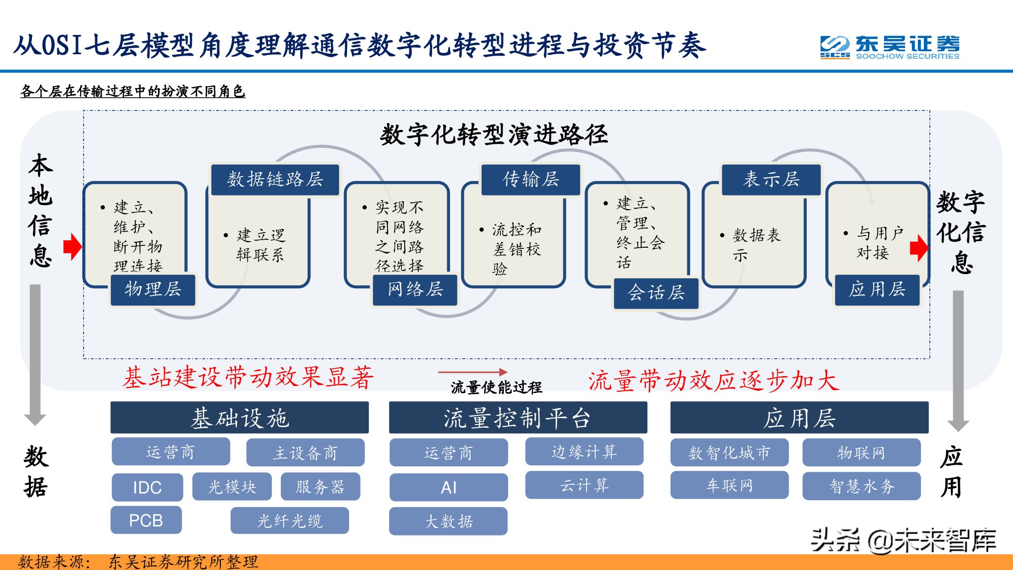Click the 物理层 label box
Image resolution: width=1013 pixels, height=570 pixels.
[x=152, y=289]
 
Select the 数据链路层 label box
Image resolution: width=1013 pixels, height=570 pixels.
[x=275, y=179]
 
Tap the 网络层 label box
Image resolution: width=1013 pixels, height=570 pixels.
[x=415, y=289]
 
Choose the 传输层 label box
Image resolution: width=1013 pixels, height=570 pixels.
[x=530, y=179]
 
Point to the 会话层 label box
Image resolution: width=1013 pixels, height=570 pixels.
[x=656, y=292]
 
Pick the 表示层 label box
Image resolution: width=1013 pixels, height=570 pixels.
[x=771, y=179]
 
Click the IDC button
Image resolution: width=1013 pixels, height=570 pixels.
[x=147, y=487]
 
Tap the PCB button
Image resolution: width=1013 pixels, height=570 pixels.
[x=146, y=520]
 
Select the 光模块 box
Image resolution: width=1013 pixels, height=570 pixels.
[x=232, y=487]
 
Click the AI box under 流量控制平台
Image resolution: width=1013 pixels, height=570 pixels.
[x=448, y=487]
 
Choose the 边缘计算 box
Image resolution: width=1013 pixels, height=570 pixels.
[x=584, y=451]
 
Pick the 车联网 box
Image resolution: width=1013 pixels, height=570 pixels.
[x=729, y=485]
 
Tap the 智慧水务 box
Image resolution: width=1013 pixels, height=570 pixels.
[x=862, y=486]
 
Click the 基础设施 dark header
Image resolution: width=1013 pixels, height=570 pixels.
[x=240, y=418]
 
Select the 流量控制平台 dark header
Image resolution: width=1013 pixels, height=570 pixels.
[x=518, y=418]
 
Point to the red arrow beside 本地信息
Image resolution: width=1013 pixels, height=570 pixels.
[x=72, y=247]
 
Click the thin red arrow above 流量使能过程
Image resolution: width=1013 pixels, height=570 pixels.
[x=472, y=372]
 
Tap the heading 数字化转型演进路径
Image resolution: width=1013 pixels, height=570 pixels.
[x=494, y=135]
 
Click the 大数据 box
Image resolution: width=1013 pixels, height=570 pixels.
[x=448, y=521]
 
